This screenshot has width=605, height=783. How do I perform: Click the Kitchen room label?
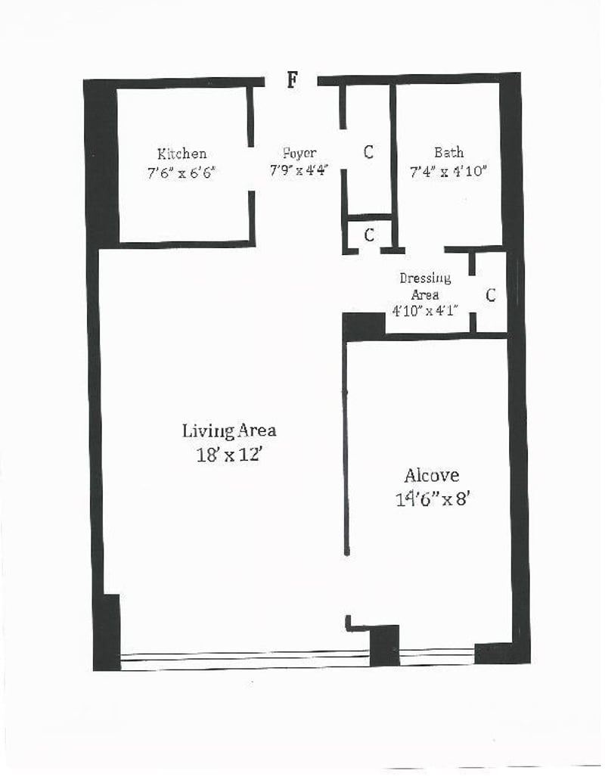tap(181, 154)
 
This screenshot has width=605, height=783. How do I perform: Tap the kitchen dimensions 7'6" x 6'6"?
tap(181, 172)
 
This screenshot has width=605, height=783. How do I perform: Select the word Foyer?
tap(299, 154)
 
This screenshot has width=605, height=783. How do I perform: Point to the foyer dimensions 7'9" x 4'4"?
tap(299, 171)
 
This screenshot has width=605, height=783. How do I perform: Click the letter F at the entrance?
tap(292, 79)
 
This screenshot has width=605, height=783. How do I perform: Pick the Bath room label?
tap(448, 153)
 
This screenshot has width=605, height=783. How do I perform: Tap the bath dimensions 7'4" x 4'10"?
tap(448, 172)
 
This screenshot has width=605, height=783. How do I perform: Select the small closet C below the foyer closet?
tap(369, 235)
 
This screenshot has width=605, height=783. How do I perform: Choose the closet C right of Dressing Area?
tap(491, 296)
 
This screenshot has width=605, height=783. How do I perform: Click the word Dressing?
tap(425, 278)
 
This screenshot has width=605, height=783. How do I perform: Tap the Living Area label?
tap(229, 431)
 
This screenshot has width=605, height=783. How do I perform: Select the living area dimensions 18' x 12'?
tap(229, 455)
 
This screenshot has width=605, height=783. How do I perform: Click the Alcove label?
tap(431, 476)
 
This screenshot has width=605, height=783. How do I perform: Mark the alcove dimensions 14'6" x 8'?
tap(432, 499)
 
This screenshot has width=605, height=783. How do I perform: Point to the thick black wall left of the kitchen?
tap(101, 163)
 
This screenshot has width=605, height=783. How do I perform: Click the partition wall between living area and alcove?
tap(346, 446)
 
